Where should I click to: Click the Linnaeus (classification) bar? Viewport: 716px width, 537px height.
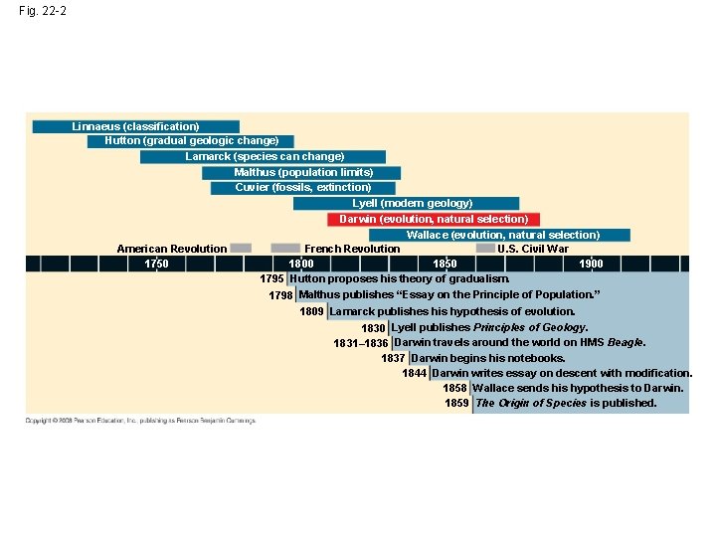pyautogui.click(x=135, y=126)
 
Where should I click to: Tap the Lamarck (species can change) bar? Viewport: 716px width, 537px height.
pyautogui.click(x=265, y=156)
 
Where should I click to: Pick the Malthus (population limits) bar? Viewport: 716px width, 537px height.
pyautogui.click(x=303, y=172)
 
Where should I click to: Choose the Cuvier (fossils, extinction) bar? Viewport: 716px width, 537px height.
pyautogui.click(x=303, y=187)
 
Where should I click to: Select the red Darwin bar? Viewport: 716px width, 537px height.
pyautogui.click(x=434, y=219)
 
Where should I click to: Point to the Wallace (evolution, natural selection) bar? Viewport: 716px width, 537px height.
pyautogui.click(x=503, y=235)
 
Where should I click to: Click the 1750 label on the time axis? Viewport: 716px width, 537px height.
pyautogui.click(x=156, y=264)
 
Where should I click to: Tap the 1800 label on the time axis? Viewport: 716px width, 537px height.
pyautogui.click(x=300, y=264)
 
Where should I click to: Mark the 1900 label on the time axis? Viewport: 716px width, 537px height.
pyautogui.click(x=591, y=264)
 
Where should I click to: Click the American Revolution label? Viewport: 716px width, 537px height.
pyautogui.click(x=171, y=249)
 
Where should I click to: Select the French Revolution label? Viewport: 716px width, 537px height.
pyautogui.click(x=352, y=249)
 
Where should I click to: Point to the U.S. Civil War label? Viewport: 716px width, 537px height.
pyautogui.click(x=533, y=249)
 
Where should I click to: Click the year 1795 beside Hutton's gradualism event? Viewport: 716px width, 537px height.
pyautogui.click(x=271, y=279)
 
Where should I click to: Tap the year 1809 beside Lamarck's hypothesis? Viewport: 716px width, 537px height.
pyautogui.click(x=311, y=311)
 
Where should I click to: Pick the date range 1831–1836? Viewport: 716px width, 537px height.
pyautogui.click(x=360, y=343)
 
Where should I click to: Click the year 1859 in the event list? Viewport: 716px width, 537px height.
pyautogui.click(x=456, y=404)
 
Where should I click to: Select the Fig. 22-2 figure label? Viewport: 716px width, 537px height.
pyautogui.click(x=42, y=12)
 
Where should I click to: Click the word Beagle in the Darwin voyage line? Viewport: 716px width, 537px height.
pyautogui.click(x=626, y=342)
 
